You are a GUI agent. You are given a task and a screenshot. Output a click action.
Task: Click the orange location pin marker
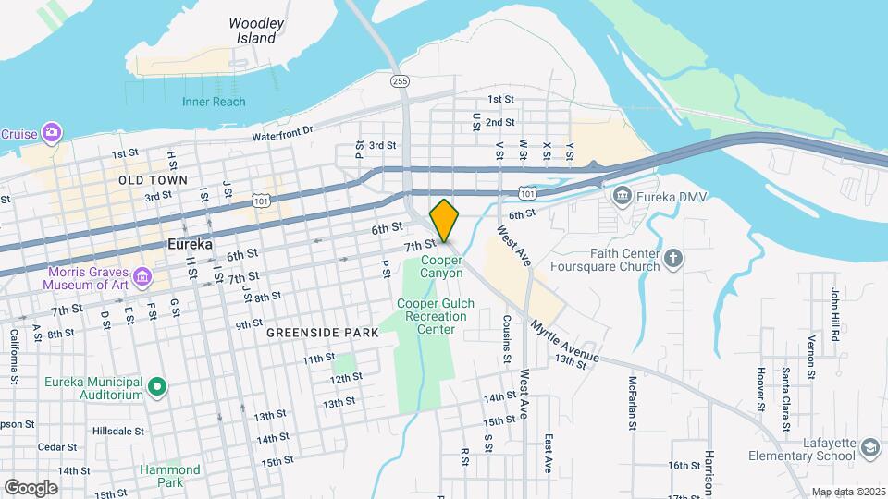(x=444, y=220)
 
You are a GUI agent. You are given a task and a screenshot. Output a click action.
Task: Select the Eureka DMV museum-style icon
(x=622, y=196)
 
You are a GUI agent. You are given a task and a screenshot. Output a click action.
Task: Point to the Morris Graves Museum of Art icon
(x=142, y=275)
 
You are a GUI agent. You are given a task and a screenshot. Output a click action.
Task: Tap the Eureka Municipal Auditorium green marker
(x=156, y=385)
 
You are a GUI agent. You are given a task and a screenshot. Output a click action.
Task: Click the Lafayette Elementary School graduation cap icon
(x=869, y=448)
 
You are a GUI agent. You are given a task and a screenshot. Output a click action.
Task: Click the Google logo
(x=31, y=487)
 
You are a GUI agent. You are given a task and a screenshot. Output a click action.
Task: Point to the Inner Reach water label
(x=214, y=102)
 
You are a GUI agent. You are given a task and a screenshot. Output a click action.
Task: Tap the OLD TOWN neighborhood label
(x=153, y=180)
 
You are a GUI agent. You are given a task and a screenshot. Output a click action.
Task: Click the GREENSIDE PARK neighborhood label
(x=322, y=332)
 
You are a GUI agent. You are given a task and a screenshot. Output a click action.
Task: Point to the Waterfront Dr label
(x=283, y=135)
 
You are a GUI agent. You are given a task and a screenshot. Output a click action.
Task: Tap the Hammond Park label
(x=170, y=475)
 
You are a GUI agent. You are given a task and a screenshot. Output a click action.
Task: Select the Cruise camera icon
(x=52, y=133)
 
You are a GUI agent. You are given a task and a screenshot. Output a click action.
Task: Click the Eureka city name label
(x=190, y=244)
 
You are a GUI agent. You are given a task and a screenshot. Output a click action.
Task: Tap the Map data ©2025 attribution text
(x=846, y=492)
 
